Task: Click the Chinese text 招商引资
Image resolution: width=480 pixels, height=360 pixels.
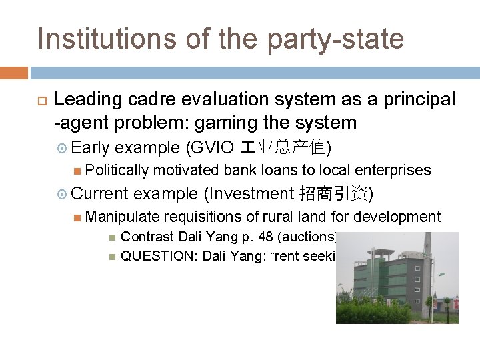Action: pyautogui.click(x=333, y=193)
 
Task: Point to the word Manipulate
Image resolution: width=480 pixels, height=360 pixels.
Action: pyautogui.click(x=123, y=217)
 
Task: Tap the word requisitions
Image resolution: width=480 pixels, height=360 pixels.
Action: pyautogui.click(x=203, y=217)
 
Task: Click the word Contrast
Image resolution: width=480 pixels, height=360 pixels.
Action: pyautogui.click(x=148, y=236)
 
